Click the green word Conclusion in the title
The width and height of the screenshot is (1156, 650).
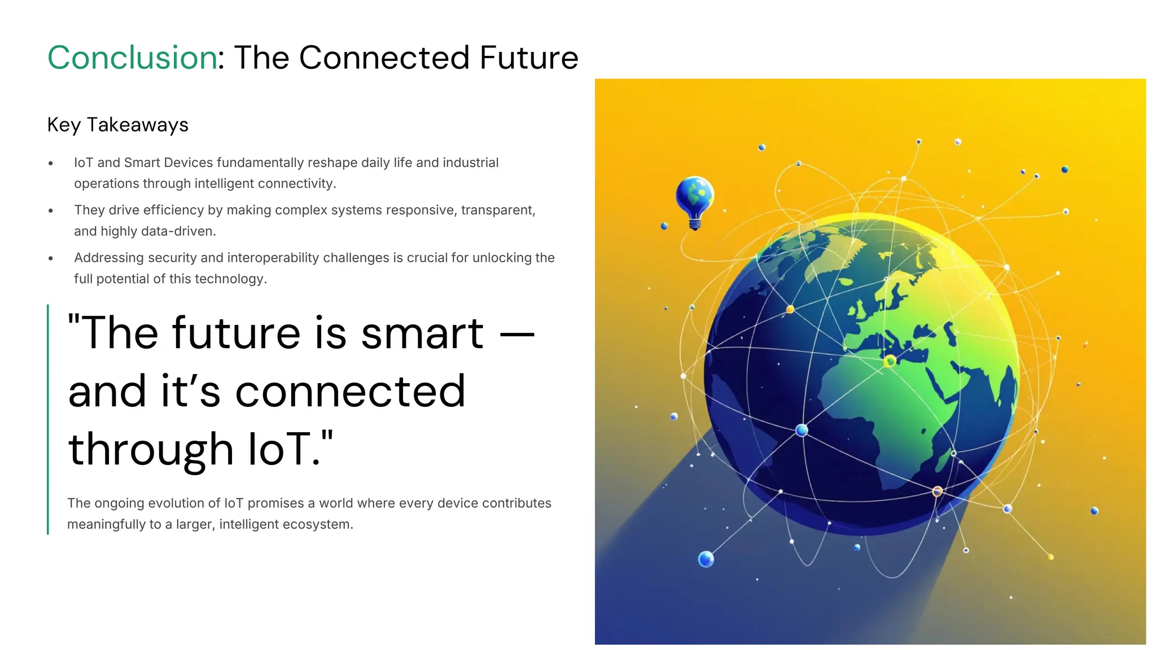(132, 58)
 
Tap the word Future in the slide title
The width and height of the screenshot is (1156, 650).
(529, 58)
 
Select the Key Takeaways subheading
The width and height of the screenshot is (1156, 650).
(117, 125)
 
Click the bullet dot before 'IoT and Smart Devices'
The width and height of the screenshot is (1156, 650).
(51, 164)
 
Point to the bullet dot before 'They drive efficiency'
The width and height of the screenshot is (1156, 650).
(51, 211)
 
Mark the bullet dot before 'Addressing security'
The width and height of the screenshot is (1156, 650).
(51, 258)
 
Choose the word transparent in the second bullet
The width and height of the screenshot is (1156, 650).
(497, 210)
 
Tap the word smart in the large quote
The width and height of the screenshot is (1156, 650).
(422, 333)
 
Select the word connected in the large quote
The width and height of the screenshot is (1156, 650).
(350, 392)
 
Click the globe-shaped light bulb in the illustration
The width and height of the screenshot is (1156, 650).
(695, 197)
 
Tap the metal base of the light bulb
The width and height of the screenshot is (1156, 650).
(695, 225)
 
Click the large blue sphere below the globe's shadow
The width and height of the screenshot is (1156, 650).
(706, 559)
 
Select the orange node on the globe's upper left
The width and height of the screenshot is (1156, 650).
(790, 309)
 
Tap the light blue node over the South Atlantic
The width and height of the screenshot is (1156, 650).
(802, 431)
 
